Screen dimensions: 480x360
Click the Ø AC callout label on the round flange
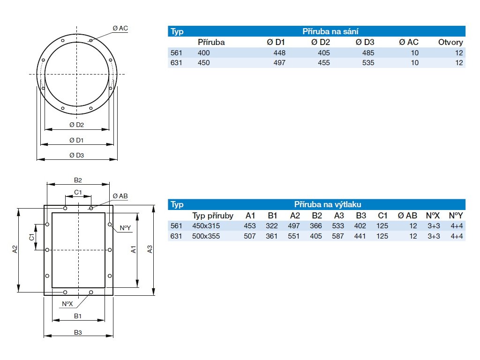tap(120, 29)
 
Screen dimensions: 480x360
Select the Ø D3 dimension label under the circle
tap(76, 155)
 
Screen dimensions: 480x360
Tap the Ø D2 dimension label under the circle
tap(76, 125)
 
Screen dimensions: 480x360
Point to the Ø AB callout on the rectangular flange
tap(120, 196)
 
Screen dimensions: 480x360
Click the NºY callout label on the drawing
tap(125, 228)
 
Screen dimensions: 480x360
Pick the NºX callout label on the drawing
tap(67, 304)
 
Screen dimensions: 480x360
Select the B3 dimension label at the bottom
tap(78, 332)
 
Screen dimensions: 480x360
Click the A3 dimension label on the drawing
tap(150, 249)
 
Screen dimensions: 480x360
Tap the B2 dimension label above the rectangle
tap(78, 180)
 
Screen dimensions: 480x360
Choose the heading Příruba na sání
tap(330, 31)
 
